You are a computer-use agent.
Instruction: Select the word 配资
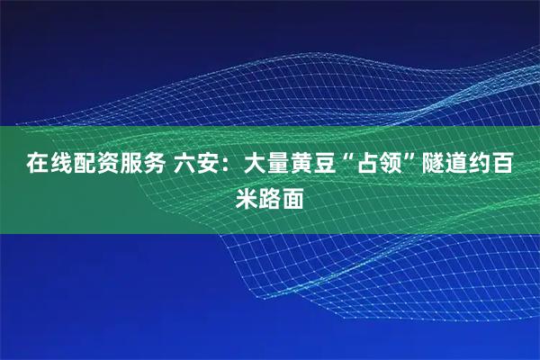pos(86,165)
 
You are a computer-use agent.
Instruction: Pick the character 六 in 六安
pos(183,165)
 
